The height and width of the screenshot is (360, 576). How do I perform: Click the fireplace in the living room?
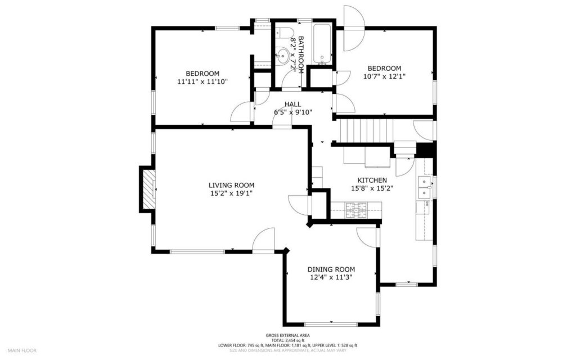pos(148,188)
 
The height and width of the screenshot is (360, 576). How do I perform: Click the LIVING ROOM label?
pos(231,185)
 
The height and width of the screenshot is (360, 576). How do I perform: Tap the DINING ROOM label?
pos(331,269)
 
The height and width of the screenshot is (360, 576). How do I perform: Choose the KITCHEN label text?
pos(368,181)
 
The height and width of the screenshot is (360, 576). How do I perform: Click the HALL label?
pos(292,105)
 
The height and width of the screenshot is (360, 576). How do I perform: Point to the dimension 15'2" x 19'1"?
pos(231,193)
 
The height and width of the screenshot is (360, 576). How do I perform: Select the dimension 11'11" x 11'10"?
pos(202,82)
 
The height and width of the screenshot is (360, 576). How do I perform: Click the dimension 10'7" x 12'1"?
pos(384,76)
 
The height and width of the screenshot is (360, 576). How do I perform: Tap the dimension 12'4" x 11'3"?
pos(331,277)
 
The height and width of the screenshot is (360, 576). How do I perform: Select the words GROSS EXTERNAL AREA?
pos(287,335)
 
